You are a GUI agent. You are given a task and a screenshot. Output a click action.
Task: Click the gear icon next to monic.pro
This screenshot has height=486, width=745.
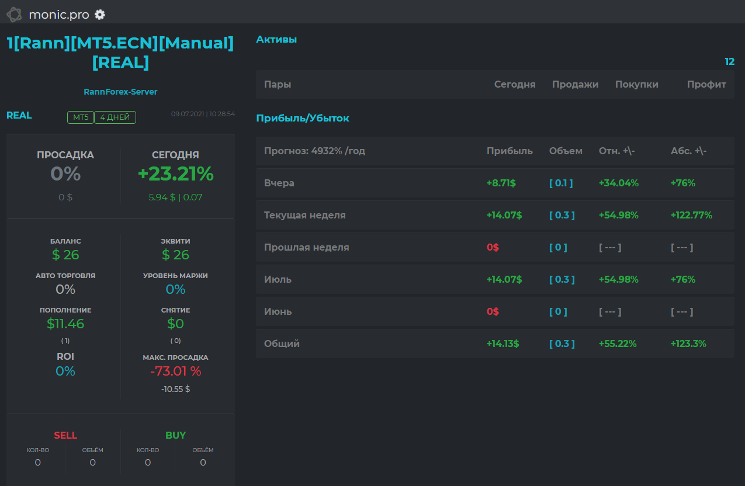100,15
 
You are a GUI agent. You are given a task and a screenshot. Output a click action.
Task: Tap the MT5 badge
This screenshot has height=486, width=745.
81,117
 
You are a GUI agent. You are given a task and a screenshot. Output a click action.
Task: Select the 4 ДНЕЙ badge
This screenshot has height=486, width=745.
115,117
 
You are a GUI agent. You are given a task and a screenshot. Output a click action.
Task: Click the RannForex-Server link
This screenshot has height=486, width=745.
120,92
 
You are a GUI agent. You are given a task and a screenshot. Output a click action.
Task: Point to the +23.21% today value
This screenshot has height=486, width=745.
176,173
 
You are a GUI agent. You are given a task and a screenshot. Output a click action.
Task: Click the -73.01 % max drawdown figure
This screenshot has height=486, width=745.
176,371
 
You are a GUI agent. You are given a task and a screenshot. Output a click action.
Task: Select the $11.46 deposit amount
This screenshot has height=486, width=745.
65,324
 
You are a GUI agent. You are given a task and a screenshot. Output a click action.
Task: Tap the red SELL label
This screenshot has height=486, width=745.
65,435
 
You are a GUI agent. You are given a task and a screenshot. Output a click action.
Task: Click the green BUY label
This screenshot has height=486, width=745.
176,435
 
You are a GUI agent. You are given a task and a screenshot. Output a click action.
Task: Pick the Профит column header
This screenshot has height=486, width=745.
706,85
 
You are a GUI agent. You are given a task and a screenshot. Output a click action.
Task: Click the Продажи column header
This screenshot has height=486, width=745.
576,85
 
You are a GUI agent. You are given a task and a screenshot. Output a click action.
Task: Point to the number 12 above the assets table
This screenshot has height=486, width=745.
730,61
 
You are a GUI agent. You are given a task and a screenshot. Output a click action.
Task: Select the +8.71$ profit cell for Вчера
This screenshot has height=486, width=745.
501,183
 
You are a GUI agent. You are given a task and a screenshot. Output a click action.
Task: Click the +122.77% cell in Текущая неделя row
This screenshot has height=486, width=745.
691,215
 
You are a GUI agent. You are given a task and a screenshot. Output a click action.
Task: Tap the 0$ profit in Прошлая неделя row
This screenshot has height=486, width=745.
493,247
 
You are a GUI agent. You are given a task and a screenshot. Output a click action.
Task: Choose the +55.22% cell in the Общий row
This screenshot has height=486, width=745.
618,343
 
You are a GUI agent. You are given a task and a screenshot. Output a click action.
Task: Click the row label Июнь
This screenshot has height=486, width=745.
278,311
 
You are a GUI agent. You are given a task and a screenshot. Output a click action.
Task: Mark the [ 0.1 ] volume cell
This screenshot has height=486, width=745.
561,183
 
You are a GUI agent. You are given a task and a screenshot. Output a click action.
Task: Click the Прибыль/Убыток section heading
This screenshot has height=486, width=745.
303,119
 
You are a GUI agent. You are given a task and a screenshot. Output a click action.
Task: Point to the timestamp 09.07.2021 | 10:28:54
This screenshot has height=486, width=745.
203,114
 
